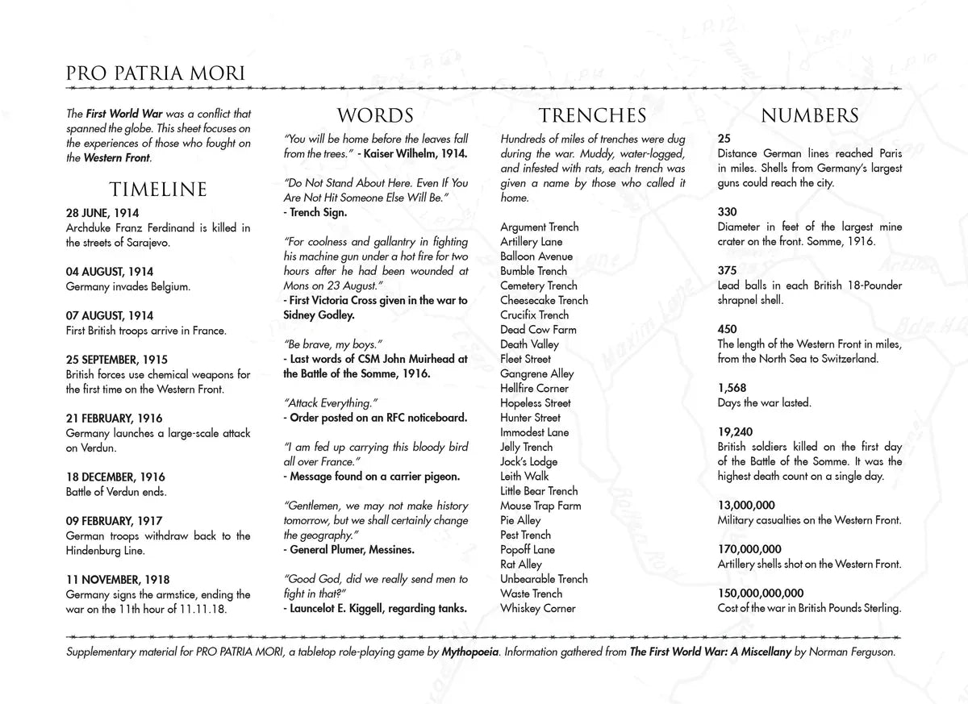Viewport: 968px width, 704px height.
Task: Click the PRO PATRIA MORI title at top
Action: (144, 74)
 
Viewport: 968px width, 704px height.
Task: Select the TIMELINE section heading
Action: (158, 190)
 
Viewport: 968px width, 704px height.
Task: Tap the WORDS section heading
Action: (375, 115)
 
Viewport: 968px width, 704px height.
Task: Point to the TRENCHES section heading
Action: (592, 115)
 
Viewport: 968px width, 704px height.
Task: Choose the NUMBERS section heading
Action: (809, 115)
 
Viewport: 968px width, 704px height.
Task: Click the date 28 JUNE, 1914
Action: (102, 213)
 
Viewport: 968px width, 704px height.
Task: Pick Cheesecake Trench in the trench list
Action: (544, 300)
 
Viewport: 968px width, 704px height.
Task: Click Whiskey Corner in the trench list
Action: (538, 608)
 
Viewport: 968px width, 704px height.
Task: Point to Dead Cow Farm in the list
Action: (538, 329)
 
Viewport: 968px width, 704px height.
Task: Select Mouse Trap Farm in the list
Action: (540, 506)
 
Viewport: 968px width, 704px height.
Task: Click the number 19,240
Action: (735, 432)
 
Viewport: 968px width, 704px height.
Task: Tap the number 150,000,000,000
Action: (761, 594)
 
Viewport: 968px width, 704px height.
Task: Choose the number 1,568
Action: (732, 388)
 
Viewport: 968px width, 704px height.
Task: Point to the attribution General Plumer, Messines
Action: (350, 549)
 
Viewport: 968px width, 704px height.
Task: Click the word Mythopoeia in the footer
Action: (469, 651)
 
